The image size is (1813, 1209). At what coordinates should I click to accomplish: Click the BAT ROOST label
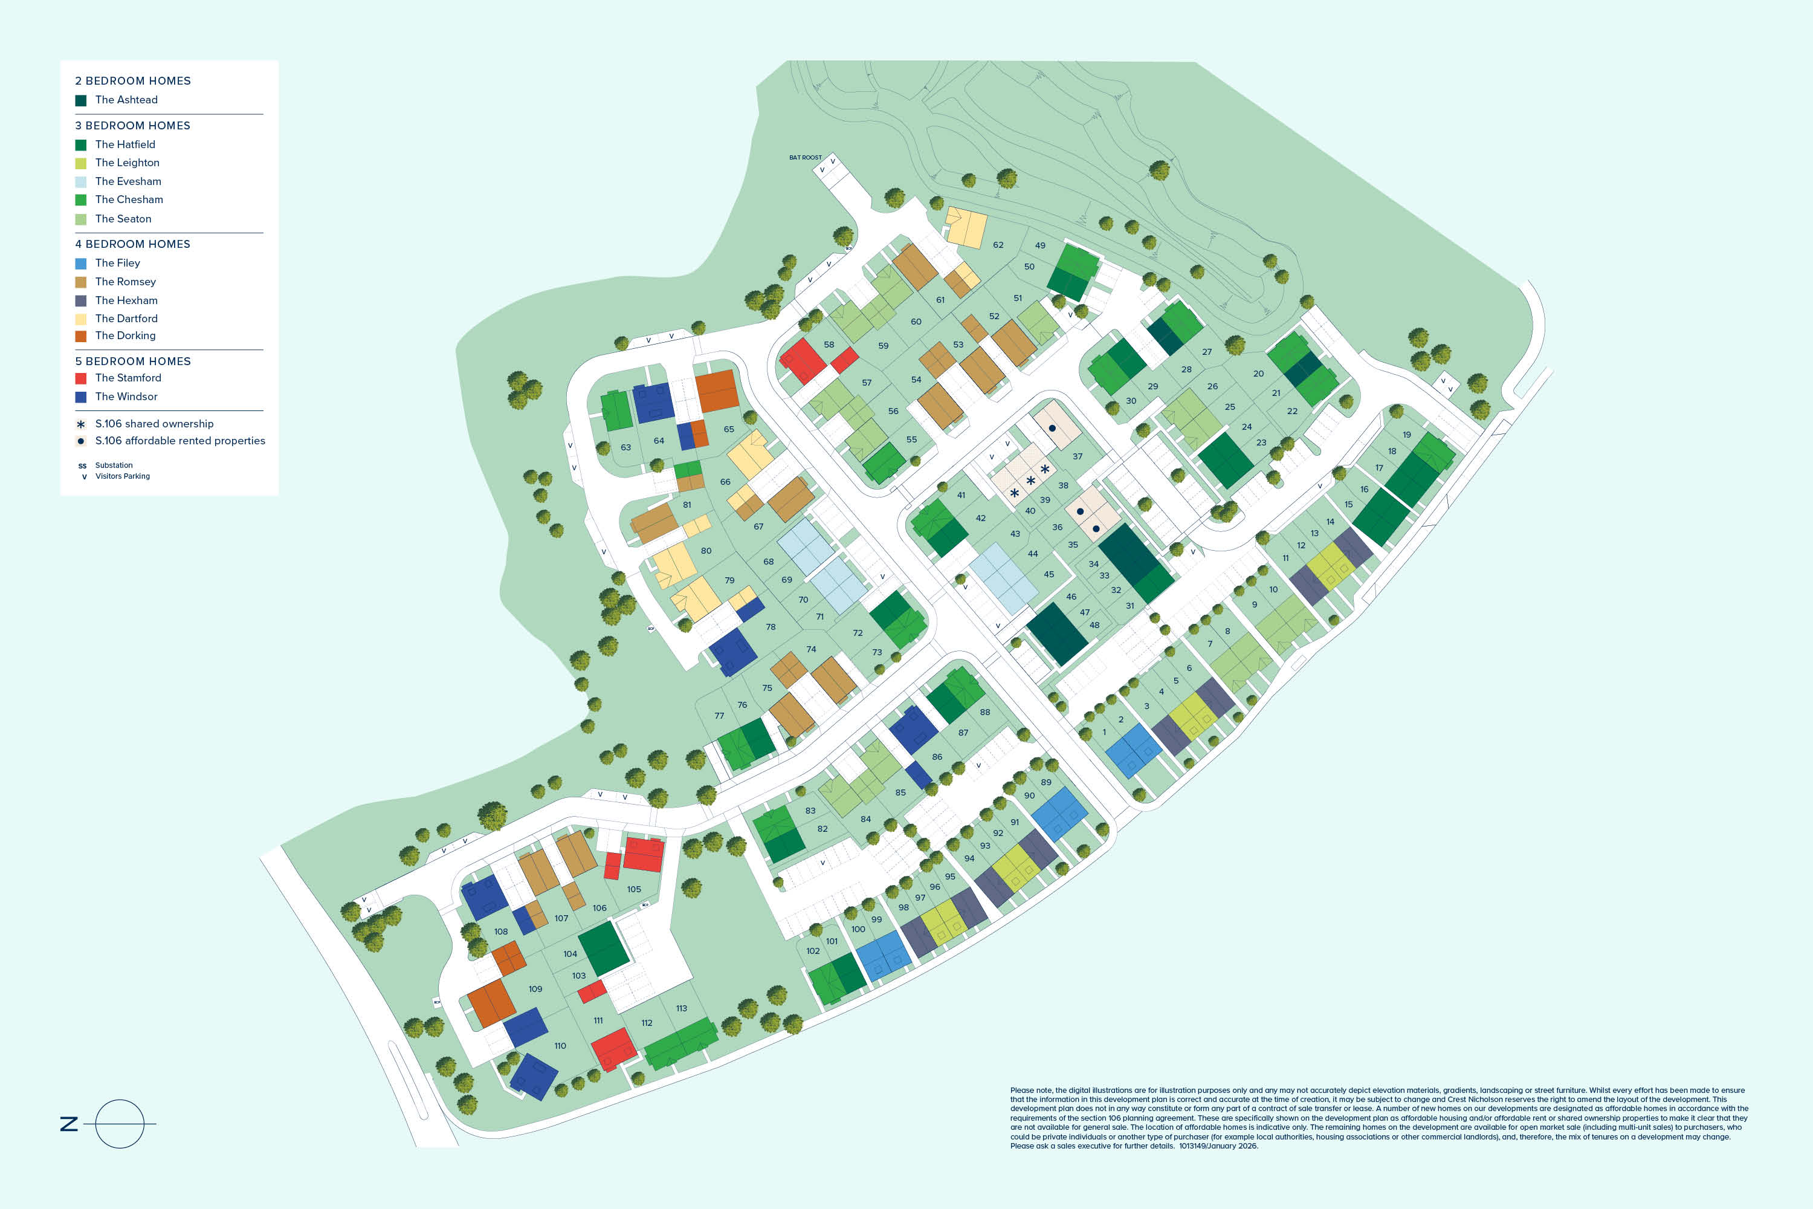point(805,157)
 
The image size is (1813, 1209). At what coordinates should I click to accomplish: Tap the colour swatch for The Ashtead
point(81,100)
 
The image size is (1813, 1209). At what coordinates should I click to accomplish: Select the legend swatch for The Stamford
point(81,378)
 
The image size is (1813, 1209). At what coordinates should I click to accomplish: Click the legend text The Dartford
point(126,319)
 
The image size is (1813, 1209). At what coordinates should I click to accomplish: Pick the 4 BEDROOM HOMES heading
point(132,244)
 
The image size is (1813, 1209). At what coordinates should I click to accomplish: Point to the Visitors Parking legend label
point(123,476)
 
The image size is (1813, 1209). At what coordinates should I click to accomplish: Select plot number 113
point(682,1008)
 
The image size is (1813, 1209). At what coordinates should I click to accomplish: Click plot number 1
point(1104,733)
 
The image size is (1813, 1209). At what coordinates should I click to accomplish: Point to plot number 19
point(1407,435)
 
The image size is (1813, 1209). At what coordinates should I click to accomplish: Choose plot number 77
point(719,716)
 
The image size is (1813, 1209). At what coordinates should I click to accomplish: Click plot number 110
point(560,1046)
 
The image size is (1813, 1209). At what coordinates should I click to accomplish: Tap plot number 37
point(1078,456)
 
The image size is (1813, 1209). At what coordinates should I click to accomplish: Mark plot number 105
point(633,890)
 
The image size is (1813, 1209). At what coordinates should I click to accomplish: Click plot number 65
point(728,429)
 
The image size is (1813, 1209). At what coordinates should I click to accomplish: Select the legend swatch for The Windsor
point(81,397)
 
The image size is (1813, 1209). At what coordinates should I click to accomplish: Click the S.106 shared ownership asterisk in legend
point(81,424)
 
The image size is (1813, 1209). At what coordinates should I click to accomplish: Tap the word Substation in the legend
point(114,465)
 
